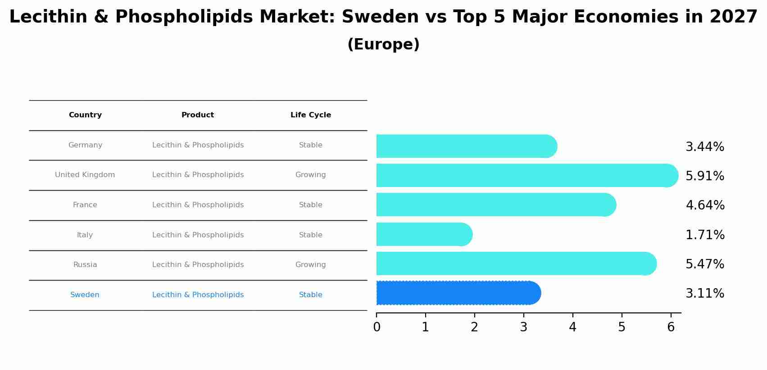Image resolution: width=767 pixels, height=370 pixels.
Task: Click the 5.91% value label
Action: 705,176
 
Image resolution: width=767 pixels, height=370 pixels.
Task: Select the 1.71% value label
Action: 705,235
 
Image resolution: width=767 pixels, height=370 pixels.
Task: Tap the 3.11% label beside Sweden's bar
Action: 705,294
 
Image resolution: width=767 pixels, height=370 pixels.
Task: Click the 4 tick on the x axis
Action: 572,327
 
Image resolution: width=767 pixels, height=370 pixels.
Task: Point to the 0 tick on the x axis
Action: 377,327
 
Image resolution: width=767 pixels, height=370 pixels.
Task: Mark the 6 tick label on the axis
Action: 671,327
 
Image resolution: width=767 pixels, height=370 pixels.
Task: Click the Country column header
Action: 85,115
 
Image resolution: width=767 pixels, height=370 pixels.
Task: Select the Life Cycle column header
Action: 311,115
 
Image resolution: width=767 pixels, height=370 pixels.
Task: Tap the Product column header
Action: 198,115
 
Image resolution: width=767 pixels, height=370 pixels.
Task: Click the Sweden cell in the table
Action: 85,295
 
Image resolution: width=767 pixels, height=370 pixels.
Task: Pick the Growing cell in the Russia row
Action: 310,265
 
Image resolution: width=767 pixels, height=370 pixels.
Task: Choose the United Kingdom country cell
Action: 85,175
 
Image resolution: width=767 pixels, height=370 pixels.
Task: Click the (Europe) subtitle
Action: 383,45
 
